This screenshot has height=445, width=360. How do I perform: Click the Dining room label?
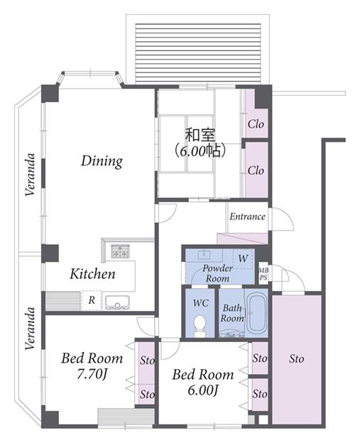[102, 161]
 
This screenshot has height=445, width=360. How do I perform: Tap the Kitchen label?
[92, 274]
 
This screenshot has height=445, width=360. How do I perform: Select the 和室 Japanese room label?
[200, 136]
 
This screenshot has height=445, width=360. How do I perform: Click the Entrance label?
[247, 216]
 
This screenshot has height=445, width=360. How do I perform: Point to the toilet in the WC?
[200, 326]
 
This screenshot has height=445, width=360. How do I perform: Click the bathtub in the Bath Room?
[256, 314]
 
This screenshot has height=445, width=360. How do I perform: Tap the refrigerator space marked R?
[91, 300]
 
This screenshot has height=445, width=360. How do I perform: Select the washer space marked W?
[243, 258]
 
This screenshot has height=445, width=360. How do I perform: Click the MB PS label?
[263, 275]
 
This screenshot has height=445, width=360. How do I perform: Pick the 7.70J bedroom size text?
[92, 374]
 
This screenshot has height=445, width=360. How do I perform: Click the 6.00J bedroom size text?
[202, 390]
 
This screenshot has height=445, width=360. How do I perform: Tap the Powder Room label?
[217, 273]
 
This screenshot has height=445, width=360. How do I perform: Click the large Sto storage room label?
[296, 358]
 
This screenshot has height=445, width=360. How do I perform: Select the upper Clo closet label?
[256, 123]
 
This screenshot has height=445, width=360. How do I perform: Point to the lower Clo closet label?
[256, 170]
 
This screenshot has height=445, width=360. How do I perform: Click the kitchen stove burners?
[120, 251]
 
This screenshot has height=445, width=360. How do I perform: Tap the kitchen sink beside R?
[117, 302]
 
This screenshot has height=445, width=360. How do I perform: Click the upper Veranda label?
[30, 175]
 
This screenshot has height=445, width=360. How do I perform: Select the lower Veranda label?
[30, 329]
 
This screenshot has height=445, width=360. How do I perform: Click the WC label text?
[201, 303]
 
